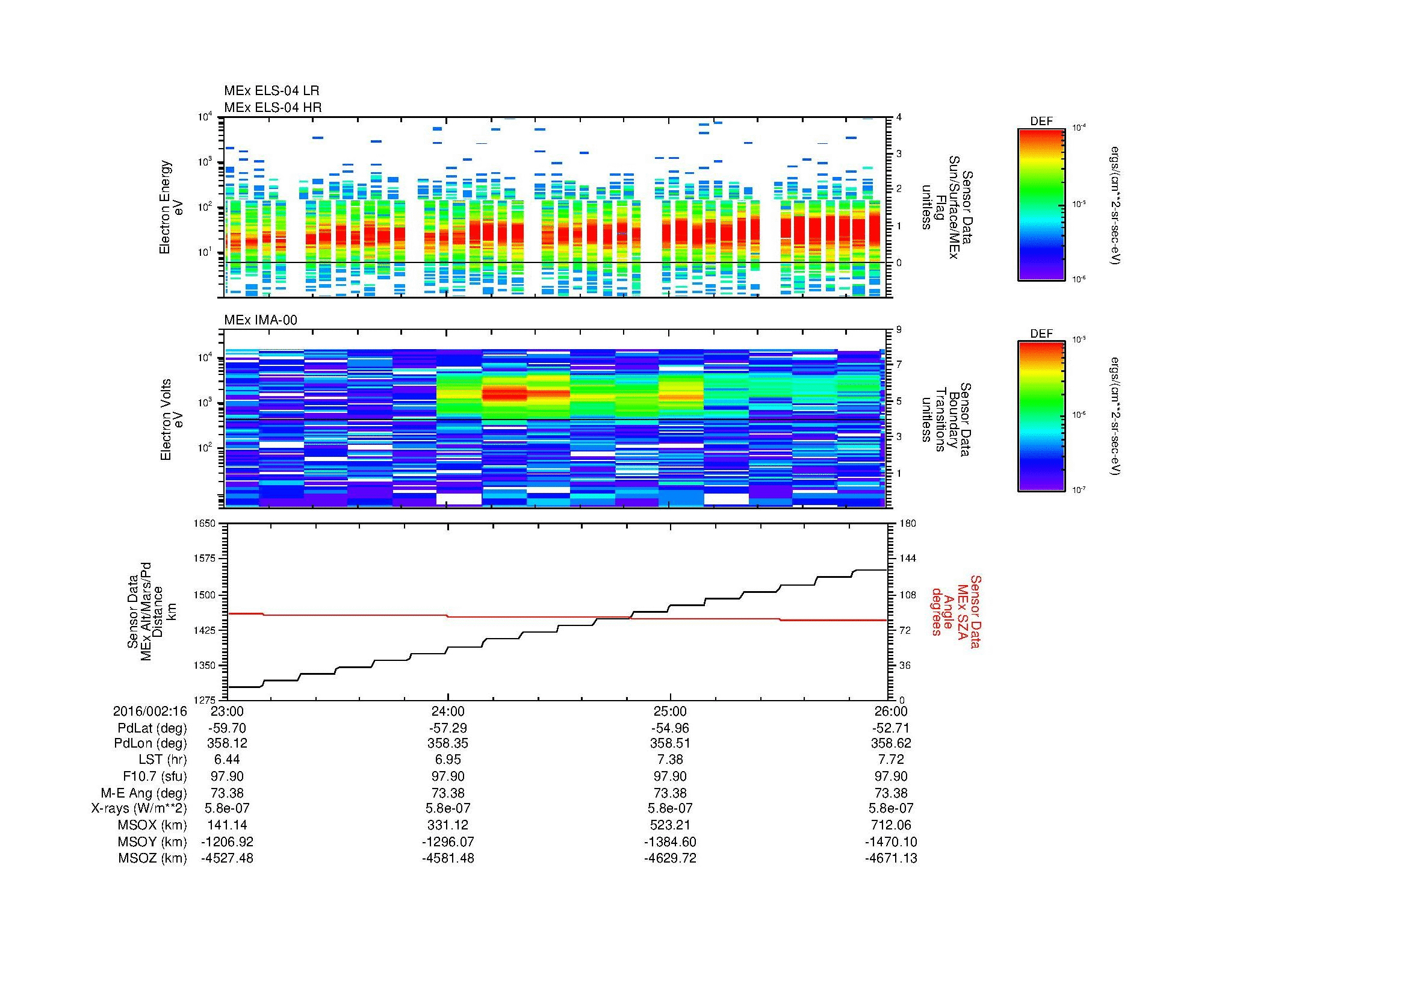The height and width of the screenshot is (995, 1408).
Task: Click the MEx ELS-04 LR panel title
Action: (271, 91)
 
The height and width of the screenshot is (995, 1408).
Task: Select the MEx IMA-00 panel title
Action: (261, 320)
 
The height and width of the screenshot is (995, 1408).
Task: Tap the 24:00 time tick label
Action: (448, 711)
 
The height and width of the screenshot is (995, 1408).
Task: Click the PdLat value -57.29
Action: (448, 728)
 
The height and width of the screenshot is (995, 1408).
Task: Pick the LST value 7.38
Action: (669, 760)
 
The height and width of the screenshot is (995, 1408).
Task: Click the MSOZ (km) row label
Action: (153, 858)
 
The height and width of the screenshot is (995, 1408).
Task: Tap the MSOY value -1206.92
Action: (227, 842)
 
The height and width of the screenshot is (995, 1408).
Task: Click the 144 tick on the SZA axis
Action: (907, 559)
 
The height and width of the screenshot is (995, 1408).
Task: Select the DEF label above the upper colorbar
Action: (1041, 122)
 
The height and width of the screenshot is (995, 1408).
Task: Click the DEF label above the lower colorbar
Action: (1041, 334)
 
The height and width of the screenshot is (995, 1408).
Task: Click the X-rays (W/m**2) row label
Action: (139, 808)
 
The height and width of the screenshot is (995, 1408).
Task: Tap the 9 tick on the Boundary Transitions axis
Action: (899, 330)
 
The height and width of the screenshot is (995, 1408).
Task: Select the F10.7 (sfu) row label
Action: (155, 776)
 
